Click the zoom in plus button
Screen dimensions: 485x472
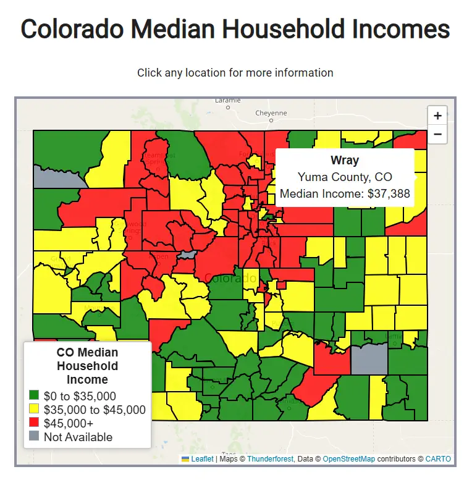tap(437, 116)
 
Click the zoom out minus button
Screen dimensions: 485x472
tap(437, 133)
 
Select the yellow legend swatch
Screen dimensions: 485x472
tap(34, 410)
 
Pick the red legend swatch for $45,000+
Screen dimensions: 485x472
tap(34, 423)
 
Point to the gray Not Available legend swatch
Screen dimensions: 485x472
tap(34, 437)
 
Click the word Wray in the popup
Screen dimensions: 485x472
tap(345, 161)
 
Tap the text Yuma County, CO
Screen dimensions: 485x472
tap(345, 177)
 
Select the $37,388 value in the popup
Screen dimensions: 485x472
tap(389, 193)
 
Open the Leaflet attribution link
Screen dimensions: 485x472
tap(202, 459)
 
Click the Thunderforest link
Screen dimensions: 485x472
tap(270, 459)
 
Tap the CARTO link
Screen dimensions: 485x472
tap(438, 459)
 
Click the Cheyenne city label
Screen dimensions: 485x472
tap(271, 113)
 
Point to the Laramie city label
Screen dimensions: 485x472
tap(227, 100)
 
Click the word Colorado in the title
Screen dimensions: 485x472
tap(85, 30)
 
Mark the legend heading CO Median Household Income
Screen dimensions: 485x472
tap(87, 366)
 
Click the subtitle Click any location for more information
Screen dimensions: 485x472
tap(235, 73)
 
